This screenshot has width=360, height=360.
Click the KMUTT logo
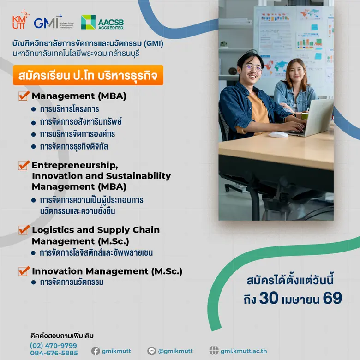[21, 20]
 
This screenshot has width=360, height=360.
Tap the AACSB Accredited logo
[102, 22]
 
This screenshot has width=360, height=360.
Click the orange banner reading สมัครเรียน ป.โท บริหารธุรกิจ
[88, 75]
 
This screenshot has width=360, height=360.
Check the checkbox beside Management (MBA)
[24, 96]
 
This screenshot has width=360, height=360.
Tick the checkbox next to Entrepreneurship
[24, 165]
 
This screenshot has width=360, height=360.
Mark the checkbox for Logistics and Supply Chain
[24, 230]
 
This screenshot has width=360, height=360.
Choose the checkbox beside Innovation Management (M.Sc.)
[24, 271]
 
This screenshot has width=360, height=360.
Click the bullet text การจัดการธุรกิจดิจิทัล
[74, 147]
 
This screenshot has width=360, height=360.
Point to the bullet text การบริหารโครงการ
[69, 109]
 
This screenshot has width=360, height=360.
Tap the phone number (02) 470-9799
[54, 345]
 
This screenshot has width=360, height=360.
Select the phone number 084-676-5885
[54, 353]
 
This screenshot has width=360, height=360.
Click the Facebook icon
[96, 351]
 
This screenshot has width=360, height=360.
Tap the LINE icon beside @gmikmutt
[152, 351]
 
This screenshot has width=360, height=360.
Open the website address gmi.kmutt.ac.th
[244, 351]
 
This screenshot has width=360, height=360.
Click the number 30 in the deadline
[269, 298]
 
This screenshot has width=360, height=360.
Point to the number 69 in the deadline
[332, 298]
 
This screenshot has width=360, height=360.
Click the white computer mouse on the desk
[278, 135]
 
